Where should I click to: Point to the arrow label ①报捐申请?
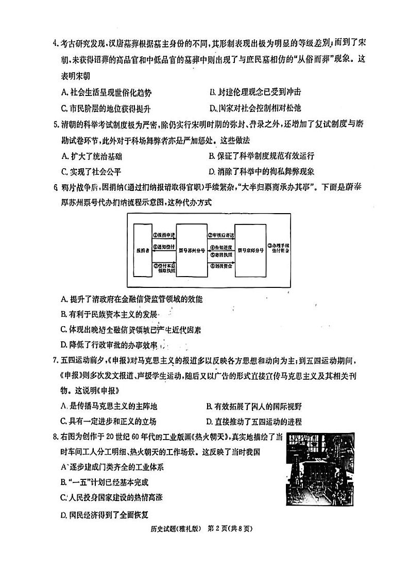pyautogui.click(x=164, y=235)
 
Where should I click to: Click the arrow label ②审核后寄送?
pyautogui.click(x=221, y=235)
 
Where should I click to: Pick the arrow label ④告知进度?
pyautogui.click(x=221, y=247)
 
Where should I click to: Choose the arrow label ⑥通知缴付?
pyautogui.click(x=164, y=246)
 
